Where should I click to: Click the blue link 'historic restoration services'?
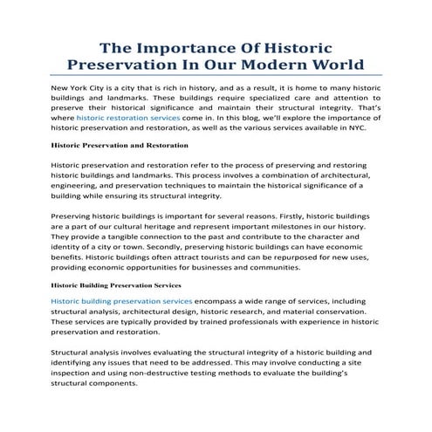coord(128,116)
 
